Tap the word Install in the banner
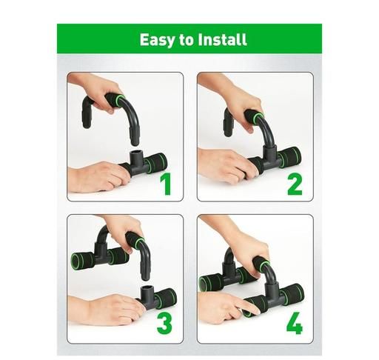222,39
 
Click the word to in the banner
186,40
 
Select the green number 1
166,184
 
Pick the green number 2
295,184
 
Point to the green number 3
164,323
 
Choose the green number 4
295,323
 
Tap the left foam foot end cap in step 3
75,261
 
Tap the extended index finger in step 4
250,307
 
